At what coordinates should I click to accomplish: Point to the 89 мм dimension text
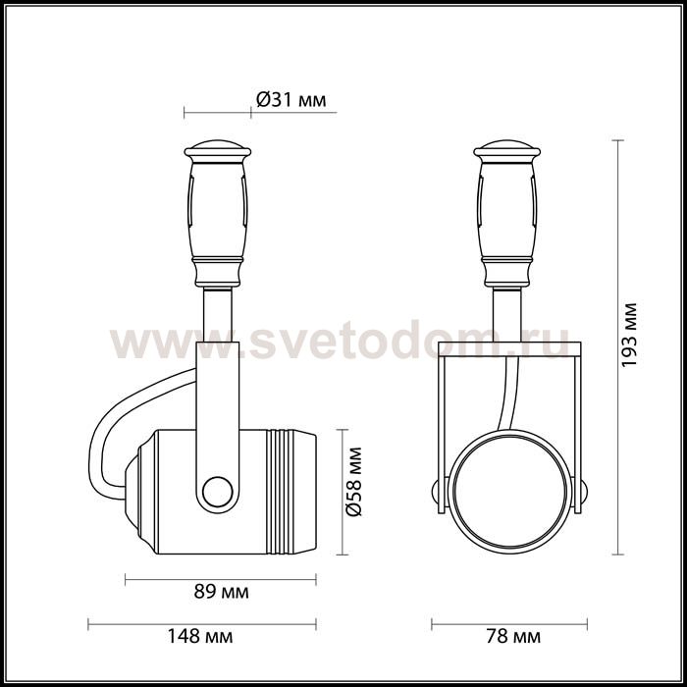[221, 592]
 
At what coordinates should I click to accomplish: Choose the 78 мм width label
[510, 637]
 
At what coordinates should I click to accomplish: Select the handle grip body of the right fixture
[507, 211]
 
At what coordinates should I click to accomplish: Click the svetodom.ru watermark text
[343, 343]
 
